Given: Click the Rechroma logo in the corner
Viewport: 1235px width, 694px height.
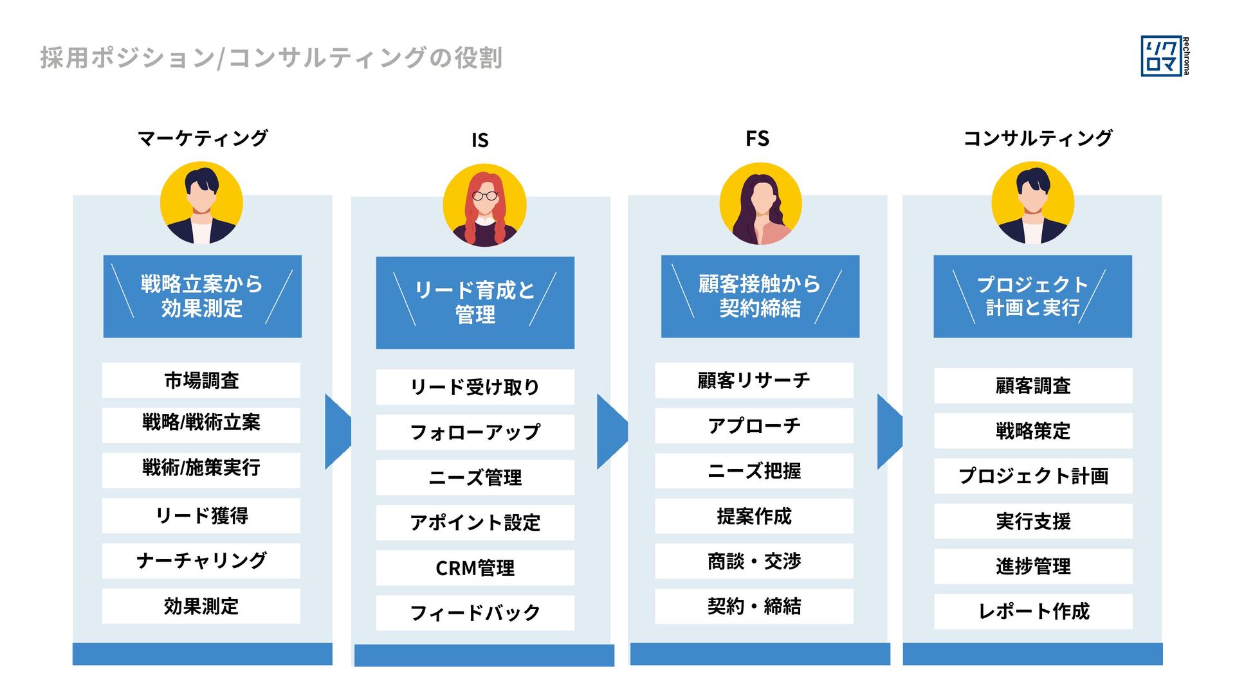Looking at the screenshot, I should [1164, 57].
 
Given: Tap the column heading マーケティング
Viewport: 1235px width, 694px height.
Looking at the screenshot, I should [203, 138].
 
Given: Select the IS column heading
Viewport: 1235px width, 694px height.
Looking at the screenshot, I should [480, 140].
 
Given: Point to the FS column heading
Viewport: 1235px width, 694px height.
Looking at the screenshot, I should [757, 139].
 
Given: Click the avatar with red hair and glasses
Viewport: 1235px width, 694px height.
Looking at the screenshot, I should [484, 206].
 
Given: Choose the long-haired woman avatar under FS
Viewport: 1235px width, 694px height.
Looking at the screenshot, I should [760, 204].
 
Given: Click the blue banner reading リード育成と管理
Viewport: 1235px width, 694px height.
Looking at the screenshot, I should [475, 303].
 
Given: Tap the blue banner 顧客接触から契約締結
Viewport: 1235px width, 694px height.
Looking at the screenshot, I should [760, 296].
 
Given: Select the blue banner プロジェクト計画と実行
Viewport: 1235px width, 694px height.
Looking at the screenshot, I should [1032, 296].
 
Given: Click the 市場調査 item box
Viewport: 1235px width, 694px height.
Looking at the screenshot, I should [201, 380].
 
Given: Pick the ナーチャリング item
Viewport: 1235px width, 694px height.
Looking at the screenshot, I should [201, 561].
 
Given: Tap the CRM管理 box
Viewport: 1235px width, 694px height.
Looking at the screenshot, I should [475, 568].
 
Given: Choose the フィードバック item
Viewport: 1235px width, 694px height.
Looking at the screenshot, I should [475, 613].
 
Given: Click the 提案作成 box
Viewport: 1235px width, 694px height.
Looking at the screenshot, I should [754, 516].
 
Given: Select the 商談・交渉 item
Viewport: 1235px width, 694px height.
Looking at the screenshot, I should [754, 561].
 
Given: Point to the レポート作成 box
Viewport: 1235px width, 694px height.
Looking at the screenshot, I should [1033, 611].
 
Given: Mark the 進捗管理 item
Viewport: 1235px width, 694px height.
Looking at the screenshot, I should [1033, 566].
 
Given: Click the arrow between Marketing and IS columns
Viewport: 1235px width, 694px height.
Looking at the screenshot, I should [338, 431].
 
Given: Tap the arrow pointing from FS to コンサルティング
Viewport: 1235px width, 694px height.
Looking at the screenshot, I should [890, 431].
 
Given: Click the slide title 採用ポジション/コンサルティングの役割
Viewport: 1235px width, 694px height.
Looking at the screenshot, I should [271, 58].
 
